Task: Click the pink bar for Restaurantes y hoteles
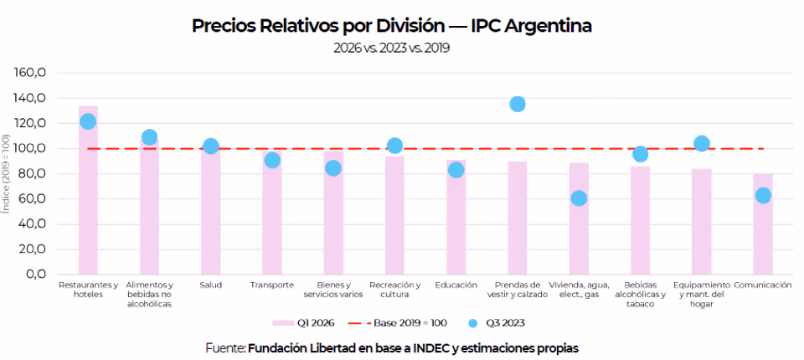click(x=88, y=190)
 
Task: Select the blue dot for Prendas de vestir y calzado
click(x=518, y=104)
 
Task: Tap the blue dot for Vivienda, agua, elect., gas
click(x=579, y=198)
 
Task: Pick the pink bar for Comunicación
click(x=763, y=224)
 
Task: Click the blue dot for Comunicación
click(x=763, y=195)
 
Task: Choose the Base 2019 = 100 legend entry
click(x=397, y=323)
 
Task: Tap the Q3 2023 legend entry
click(x=497, y=323)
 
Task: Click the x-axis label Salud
click(x=211, y=285)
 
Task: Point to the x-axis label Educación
click(x=456, y=285)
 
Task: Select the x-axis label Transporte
click(x=272, y=285)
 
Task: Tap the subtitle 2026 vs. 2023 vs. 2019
click(x=391, y=49)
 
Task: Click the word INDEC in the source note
click(x=433, y=348)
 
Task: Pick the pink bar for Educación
click(x=456, y=217)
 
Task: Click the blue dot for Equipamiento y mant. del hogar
click(x=702, y=144)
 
